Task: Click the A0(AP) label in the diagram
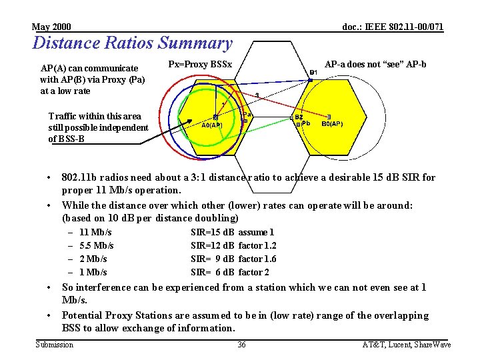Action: tap(212, 125)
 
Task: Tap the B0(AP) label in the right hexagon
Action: tap(332, 124)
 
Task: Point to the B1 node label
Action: tap(313, 73)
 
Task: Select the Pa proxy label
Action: tap(247, 114)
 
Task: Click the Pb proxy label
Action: tap(306, 124)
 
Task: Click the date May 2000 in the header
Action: tap(51, 27)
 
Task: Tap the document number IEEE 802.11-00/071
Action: tap(393, 27)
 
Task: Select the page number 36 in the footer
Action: tap(241, 344)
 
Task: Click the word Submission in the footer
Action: tap(54, 344)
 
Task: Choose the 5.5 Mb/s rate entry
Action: tap(96, 245)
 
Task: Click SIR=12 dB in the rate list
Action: tap(212, 245)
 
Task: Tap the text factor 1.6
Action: tap(257, 259)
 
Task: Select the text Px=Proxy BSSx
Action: tap(200, 65)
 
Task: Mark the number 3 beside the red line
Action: tap(257, 95)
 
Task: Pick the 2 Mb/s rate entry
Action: tap(93, 259)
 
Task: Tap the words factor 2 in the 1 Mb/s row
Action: tap(254, 272)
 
